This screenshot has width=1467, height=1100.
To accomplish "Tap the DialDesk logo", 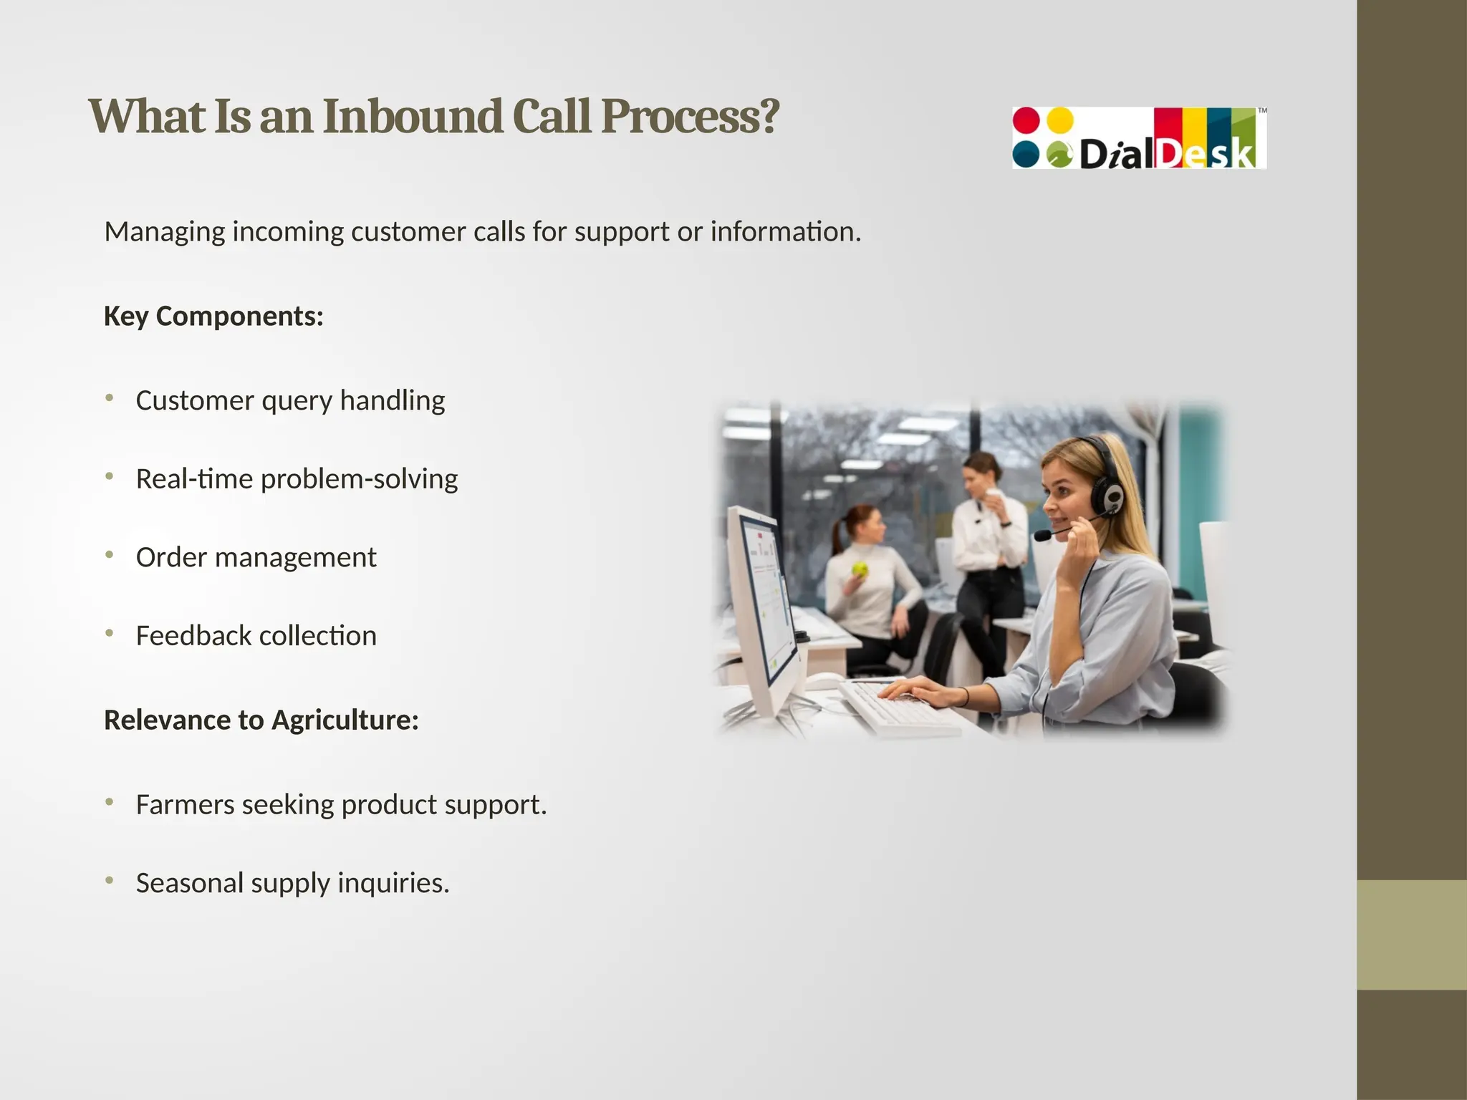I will click(x=1139, y=138).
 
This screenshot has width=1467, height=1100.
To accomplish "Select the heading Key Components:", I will click(x=213, y=316).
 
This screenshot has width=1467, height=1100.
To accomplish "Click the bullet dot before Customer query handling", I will click(x=110, y=397).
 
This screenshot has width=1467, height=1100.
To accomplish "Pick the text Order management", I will click(x=256, y=557).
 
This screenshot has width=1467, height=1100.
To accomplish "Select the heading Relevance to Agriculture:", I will click(x=261, y=720).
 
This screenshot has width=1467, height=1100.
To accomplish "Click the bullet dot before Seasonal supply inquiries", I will click(x=110, y=880).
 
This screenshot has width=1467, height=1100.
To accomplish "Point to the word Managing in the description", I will click(x=165, y=232).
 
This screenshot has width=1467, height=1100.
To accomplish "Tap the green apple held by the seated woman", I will click(x=860, y=570).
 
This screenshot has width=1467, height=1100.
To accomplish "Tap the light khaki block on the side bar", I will click(x=1411, y=935).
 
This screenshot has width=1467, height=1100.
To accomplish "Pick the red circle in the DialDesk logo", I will click(x=1026, y=120).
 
